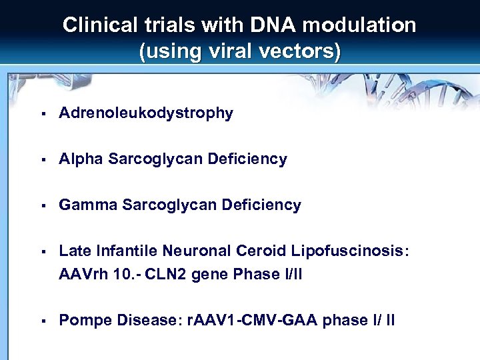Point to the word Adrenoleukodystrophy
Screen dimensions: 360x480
pos(146,113)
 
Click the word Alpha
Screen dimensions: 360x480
pos(81,159)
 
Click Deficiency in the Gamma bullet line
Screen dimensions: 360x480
pos(261,205)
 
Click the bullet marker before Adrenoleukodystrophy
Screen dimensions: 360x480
pos(41,113)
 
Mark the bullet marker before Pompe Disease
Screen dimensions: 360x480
pos(41,321)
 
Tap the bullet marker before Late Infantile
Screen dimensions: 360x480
pos(41,251)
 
